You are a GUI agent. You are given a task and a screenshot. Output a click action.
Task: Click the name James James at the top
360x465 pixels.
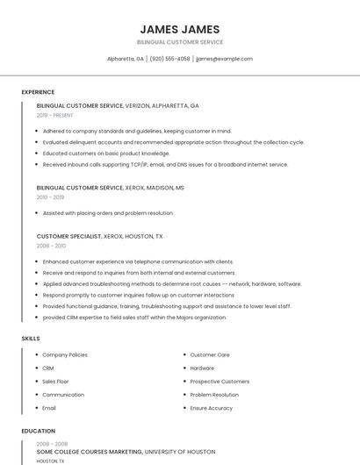click(x=180, y=29)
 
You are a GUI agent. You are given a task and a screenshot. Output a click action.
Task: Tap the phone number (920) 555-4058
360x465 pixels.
click(x=169, y=59)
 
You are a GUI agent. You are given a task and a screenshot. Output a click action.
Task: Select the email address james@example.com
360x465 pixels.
click(x=224, y=59)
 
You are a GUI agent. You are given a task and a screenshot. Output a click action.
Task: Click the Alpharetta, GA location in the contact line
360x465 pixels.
click(x=126, y=59)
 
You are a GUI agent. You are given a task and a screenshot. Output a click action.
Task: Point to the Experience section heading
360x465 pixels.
click(x=38, y=92)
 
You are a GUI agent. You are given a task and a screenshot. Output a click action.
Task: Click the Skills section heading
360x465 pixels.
click(x=31, y=338)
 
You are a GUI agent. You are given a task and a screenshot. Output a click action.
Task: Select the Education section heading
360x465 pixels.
click(x=39, y=431)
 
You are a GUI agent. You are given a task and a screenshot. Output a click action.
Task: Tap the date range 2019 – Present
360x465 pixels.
click(x=55, y=115)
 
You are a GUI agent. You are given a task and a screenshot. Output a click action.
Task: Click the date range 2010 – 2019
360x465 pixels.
click(x=50, y=197)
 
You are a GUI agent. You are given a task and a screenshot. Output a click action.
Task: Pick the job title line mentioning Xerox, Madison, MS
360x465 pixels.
click(x=111, y=188)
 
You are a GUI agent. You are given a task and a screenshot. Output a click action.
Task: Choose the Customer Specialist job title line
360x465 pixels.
click(x=99, y=236)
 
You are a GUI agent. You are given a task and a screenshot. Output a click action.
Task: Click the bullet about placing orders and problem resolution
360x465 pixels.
click(x=108, y=213)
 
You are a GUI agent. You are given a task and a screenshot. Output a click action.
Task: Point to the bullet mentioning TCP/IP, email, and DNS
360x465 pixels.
click(x=165, y=164)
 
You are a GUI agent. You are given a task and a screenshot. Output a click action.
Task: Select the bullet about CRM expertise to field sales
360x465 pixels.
click(x=134, y=318)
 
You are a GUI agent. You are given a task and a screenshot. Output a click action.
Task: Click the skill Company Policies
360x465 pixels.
click(x=65, y=354)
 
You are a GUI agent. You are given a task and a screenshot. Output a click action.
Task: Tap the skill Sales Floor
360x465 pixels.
click(x=55, y=382)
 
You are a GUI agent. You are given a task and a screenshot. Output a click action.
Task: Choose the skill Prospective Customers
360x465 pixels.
click(x=220, y=382)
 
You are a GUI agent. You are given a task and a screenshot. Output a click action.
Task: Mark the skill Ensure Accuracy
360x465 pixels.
click(x=212, y=408)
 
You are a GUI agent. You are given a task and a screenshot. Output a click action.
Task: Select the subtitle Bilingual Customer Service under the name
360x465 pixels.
click(x=180, y=42)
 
